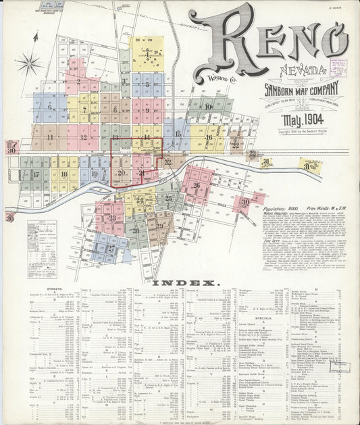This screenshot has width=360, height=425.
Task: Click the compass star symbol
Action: (x=29, y=65)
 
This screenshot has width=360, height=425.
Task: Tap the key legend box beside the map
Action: (x=41, y=241)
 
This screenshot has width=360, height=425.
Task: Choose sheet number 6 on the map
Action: (x=49, y=107)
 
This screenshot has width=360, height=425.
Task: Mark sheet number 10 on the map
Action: (x=209, y=106)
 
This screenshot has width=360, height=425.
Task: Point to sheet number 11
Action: (x=50, y=137)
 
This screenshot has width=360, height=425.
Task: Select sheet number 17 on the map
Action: (x=35, y=174)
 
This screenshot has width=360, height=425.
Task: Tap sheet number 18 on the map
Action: (x=65, y=174)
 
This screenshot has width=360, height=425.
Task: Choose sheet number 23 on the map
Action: (x=112, y=218)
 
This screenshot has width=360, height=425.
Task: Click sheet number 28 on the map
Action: (x=136, y=230)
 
